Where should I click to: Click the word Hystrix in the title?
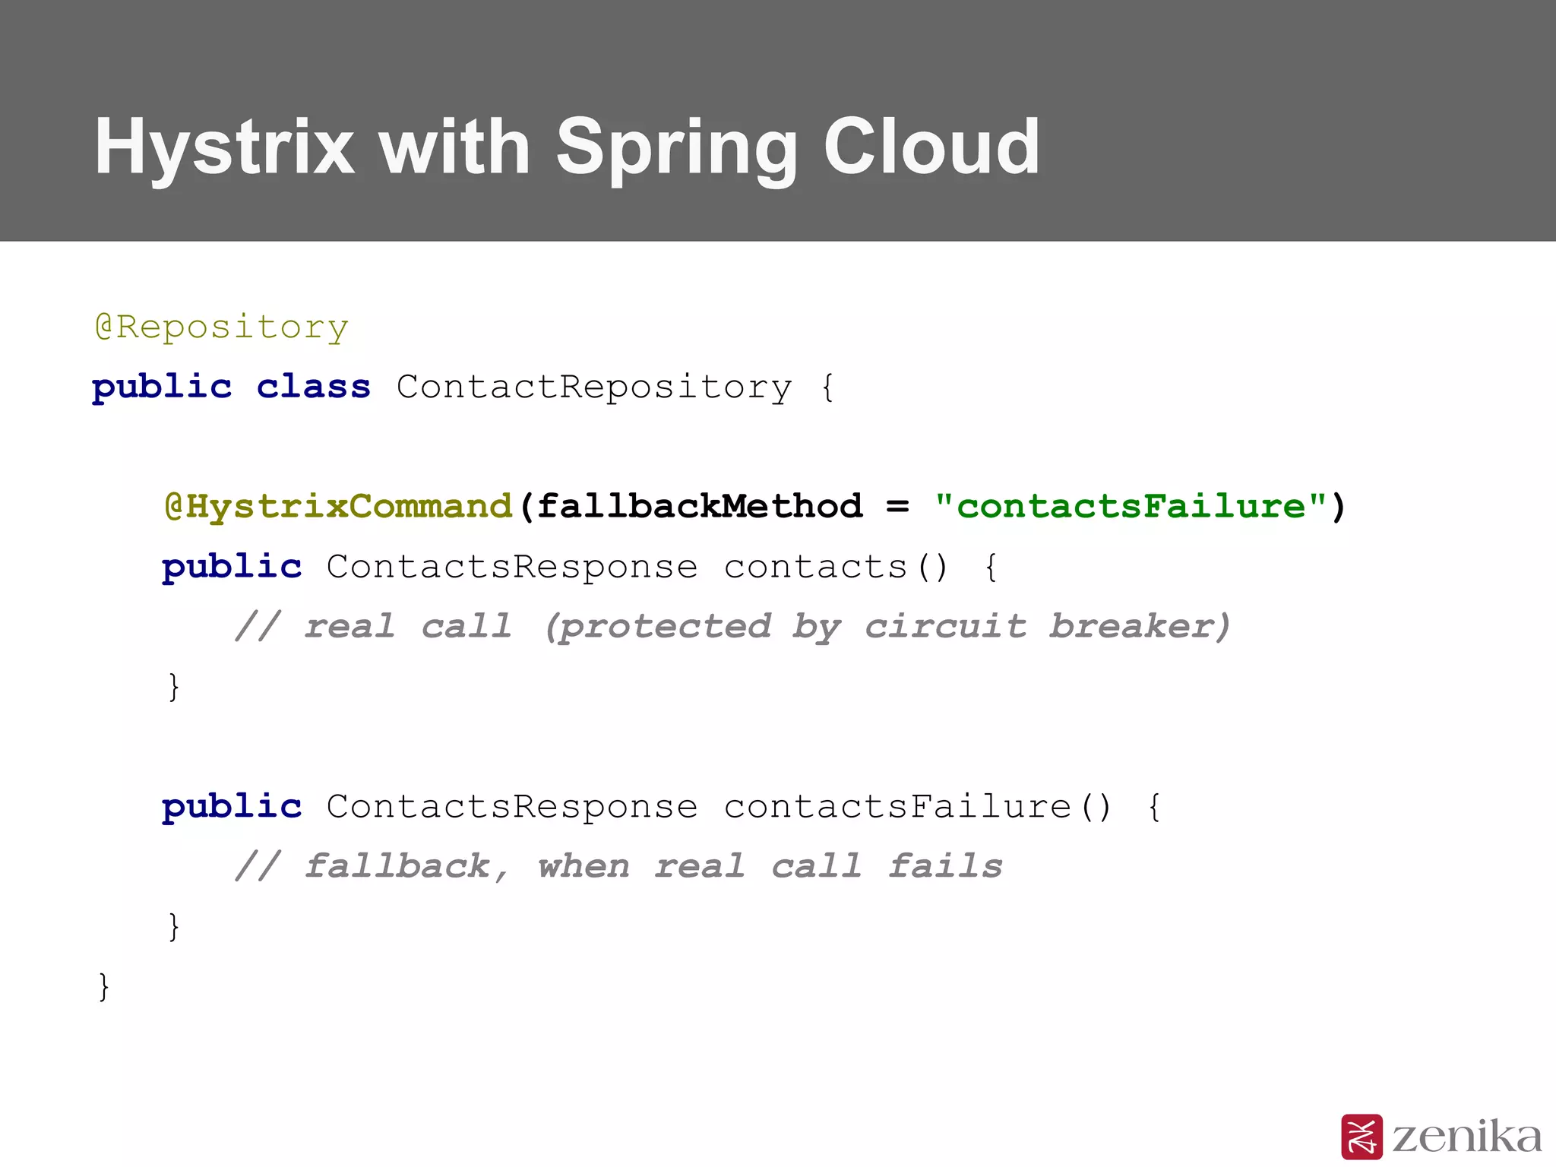coord(224,147)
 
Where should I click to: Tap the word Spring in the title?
coord(676,147)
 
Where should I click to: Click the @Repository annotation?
coord(221,327)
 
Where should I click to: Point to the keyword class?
coord(313,387)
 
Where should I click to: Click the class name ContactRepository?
coord(593,387)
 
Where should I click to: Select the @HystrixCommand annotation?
coord(339,507)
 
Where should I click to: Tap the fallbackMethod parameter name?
coord(700,507)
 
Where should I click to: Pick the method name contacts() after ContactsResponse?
coord(836,567)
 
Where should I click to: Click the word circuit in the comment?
coord(945,627)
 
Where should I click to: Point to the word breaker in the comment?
coord(1138,627)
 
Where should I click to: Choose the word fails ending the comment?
coord(945,867)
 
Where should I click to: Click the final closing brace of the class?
coord(104,986)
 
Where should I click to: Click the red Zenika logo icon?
coord(1361,1137)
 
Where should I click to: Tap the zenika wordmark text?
coord(1466,1137)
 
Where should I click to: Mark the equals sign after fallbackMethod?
coord(897,507)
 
